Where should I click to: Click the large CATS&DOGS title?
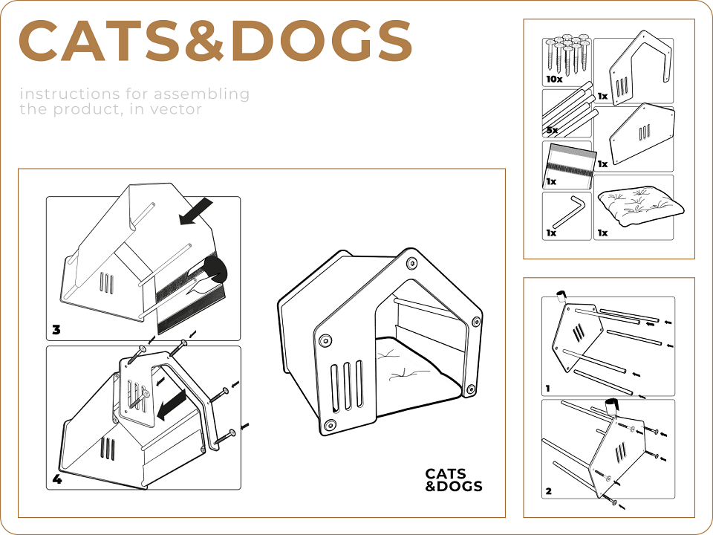[x=215, y=40]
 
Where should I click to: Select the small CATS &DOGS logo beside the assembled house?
[x=453, y=480]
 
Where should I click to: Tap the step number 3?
[x=56, y=329]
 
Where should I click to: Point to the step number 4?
[x=57, y=479]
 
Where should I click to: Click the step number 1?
[x=548, y=389]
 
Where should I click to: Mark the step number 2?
[x=549, y=491]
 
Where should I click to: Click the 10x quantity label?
[x=554, y=80]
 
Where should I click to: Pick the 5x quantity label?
[x=552, y=130]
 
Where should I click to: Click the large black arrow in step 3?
[x=196, y=211]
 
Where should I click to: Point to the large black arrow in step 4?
[x=172, y=405]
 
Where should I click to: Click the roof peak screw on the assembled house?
[x=411, y=262]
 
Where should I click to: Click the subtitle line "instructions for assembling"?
[x=134, y=94]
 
